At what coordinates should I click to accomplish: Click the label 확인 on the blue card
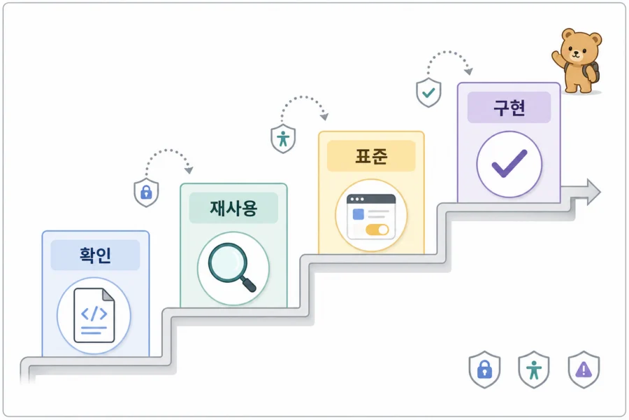pyautogui.click(x=95, y=255)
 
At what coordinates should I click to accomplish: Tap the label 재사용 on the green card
pyautogui.click(x=233, y=208)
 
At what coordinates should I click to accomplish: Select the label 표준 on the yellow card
pyautogui.click(x=371, y=156)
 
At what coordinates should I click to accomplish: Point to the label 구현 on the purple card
pyautogui.click(x=509, y=107)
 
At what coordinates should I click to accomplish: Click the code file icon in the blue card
pyautogui.click(x=94, y=316)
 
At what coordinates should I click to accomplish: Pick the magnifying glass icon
pyautogui.click(x=232, y=267)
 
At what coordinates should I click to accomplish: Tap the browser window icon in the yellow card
pyautogui.click(x=371, y=216)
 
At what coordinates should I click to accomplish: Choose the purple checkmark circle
pyautogui.click(x=509, y=164)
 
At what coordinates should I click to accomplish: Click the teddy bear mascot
pyautogui.click(x=577, y=61)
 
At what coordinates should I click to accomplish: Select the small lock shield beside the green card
pyautogui.click(x=146, y=192)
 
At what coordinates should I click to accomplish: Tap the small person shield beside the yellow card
pyautogui.click(x=283, y=139)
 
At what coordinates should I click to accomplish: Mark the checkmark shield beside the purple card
pyautogui.click(x=428, y=93)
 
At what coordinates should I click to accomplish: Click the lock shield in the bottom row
pyautogui.click(x=484, y=370)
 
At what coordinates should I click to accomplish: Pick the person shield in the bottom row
pyautogui.click(x=534, y=370)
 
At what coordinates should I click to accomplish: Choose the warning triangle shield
pyautogui.click(x=584, y=370)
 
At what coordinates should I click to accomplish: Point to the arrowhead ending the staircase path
pyautogui.click(x=593, y=192)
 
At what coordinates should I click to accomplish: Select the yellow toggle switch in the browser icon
pyautogui.click(x=377, y=230)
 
